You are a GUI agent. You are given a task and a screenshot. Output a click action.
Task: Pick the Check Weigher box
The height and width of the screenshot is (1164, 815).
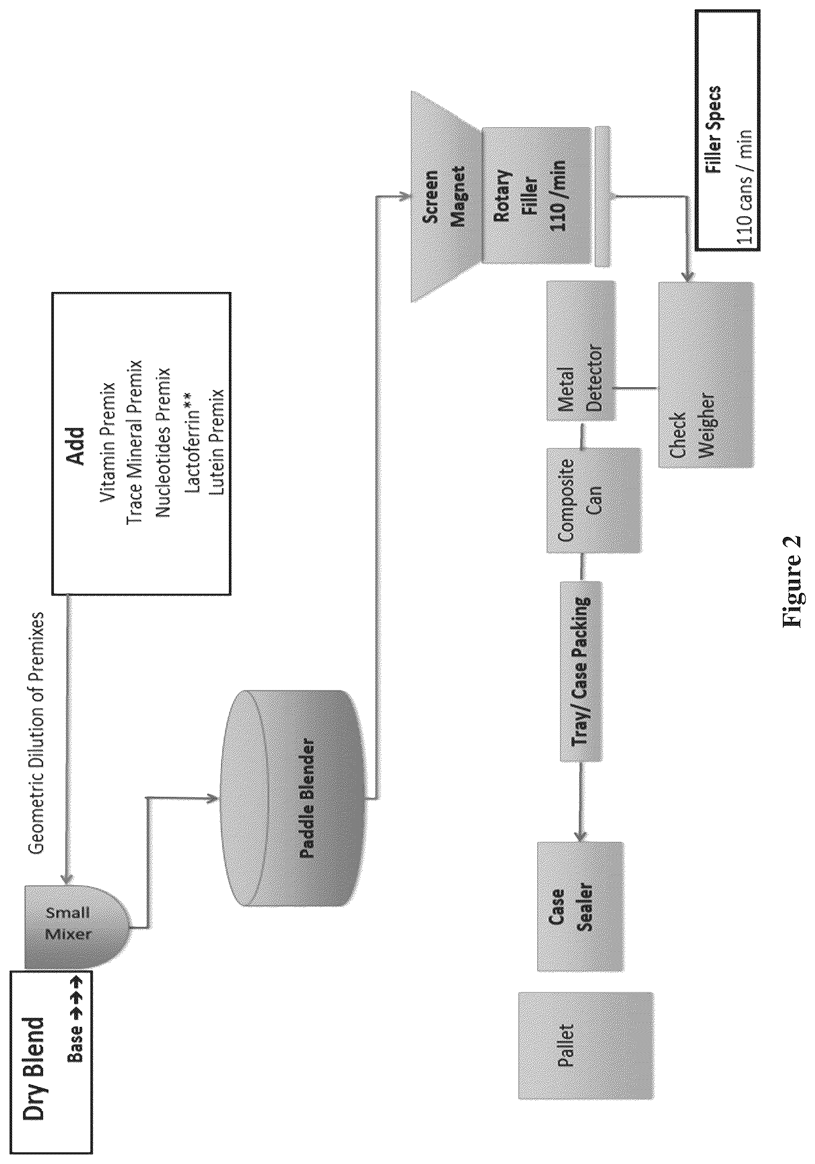[x=706, y=375]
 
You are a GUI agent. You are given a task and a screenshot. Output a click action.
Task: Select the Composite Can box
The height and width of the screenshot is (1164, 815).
[x=593, y=500]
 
